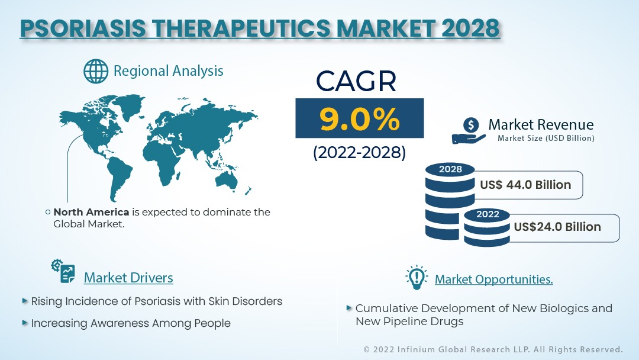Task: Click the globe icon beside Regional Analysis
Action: (96, 71)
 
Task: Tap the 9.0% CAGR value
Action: (360, 119)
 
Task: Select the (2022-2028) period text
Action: (360, 153)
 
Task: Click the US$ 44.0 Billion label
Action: (525, 185)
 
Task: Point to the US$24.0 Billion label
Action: (557, 227)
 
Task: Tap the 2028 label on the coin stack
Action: (450, 169)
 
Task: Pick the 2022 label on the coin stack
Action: (488, 214)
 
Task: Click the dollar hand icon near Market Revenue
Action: (469, 130)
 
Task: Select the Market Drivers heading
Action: (128, 278)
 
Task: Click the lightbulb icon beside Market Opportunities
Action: (417, 278)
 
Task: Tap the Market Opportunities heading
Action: (493, 279)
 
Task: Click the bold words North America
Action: (91, 212)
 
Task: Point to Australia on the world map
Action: (227, 180)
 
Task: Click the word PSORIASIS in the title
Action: (83, 28)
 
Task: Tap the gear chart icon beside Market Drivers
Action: (63, 271)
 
